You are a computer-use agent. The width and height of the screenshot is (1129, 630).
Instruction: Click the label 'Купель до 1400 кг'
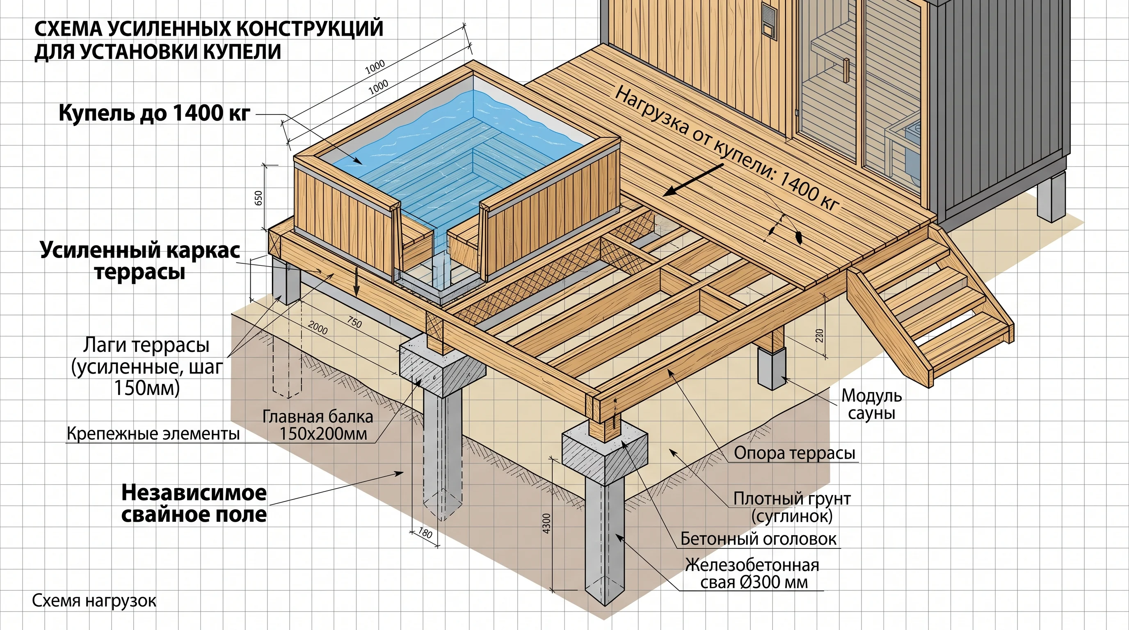click(x=154, y=113)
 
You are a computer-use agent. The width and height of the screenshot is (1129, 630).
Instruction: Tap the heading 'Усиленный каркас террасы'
click(x=140, y=261)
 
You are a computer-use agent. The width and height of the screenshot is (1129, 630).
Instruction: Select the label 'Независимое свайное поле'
click(x=194, y=503)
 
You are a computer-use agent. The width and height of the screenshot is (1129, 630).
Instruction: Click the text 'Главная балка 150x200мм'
click(x=318, y=425)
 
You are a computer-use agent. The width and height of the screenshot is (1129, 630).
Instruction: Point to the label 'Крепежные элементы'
click(x=153, y=434)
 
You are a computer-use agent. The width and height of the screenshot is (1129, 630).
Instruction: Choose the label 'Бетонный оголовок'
click(x=758, y=539)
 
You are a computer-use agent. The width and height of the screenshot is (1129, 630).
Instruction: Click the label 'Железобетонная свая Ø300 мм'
click(x=752, y=573)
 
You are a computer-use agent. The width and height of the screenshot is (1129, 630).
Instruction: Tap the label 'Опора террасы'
click(x=795, y=453)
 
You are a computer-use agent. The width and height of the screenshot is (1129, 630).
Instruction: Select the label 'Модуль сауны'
click(x=871, y=404)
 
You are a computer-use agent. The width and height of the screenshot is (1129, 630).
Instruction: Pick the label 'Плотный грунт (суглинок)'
click(x=792, y=507)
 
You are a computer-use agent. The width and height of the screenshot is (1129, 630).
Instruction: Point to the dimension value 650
click(x=258, y=198)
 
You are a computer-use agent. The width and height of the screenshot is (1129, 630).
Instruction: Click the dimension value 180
click(x=425, y=533)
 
